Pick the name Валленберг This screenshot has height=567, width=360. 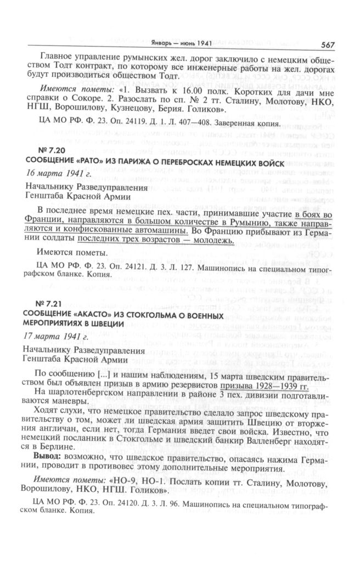269,439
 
